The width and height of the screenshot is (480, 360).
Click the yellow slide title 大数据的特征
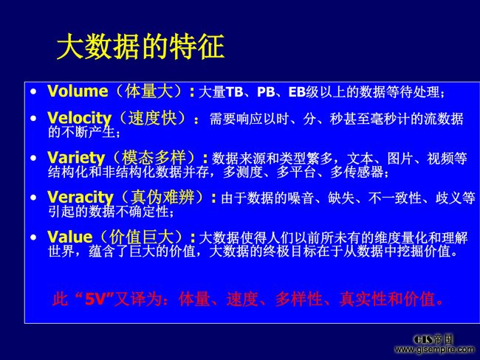click(140, 46)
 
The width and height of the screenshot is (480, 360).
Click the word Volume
click(78, 91)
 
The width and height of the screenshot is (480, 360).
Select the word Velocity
click(80, 118)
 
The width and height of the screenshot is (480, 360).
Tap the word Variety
click(76, 158)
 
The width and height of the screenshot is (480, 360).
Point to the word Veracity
click(80, 198)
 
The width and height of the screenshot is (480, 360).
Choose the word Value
click(70, 237)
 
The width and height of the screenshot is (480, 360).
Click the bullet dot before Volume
click(33, 91)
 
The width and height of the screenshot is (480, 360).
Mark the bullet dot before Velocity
click(33, 118)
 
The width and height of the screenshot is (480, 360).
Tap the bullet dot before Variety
click(33, 158)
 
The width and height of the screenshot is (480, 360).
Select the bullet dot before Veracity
click(33, 198)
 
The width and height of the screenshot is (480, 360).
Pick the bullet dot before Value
click(33, 238)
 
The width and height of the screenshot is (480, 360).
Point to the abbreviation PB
click(266, 92)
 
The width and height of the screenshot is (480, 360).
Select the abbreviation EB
click(298, 92)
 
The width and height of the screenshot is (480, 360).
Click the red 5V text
click(96, 299)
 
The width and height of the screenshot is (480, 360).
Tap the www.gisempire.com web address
click(434, 350)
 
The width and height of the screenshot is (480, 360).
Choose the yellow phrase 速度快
click(153, 118)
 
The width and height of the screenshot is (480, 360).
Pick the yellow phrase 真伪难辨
click(162, 197)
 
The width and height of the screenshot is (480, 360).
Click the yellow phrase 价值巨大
click(141, 237)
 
